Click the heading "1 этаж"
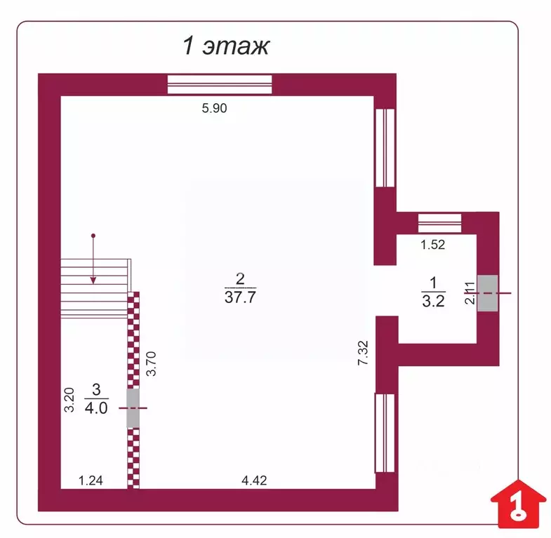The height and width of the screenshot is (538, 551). click(x=226, y=47)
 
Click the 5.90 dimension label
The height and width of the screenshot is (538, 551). click(x=215, y=108)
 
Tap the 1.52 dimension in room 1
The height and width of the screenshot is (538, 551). click(x=433, y=245)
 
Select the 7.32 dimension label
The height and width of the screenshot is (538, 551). click(x=362, y=351)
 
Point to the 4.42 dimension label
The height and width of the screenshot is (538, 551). click(x=254, y=480)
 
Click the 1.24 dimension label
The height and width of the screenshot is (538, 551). click(x=91, y=480)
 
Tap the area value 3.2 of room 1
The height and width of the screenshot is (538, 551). click(x=433, y=302)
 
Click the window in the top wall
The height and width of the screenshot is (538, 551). click(x=219, y=83)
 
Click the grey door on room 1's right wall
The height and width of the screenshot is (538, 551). click(x=487, y=293)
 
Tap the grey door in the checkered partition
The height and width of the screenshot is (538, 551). click(x=133, y=408)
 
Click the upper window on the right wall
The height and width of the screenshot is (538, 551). click(x=385, y=147)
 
